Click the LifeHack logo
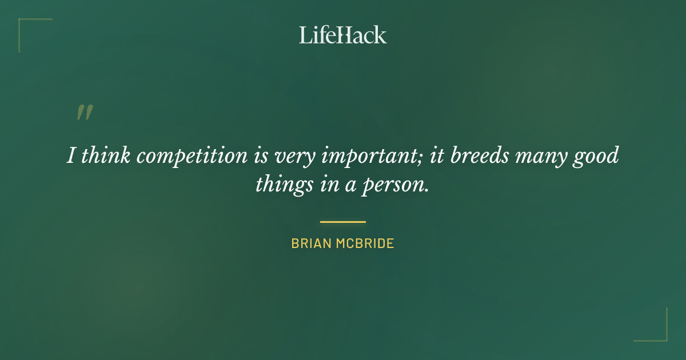pyautogui.click(x=343, y=35)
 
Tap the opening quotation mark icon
pyautogui.click(x=85, y=113)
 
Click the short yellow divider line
pyautogui.click(x=343, y=222)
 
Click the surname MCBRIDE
pyautogui.click(x=366, y=243)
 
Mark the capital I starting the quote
pyautogui.click(x=71, y=155)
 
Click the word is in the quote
pyautogui.click(x=260, y=155)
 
